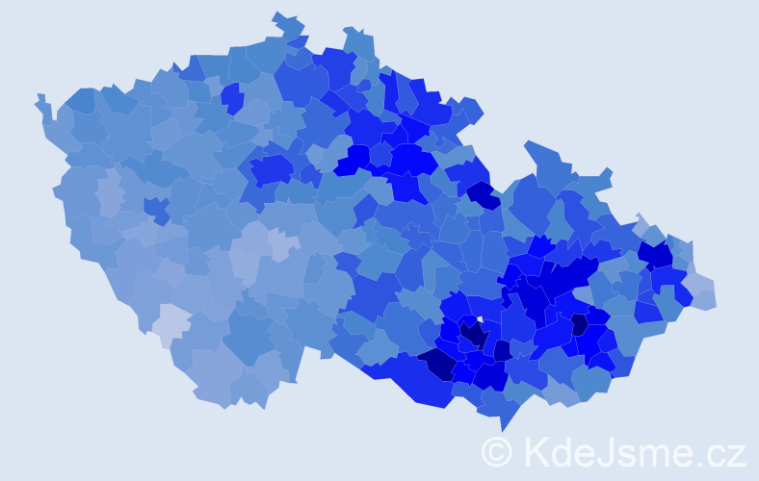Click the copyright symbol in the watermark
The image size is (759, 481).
point(497,451)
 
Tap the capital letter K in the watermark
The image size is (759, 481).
point(537,451)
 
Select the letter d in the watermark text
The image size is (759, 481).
point(562,451)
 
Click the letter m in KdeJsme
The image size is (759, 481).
point(656,453)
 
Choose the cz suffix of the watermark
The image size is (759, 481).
point(726,453)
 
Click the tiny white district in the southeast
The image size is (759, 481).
point(479,319)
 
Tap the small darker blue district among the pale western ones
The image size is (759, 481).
point(155,207)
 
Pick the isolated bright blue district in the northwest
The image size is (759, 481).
point(231,97)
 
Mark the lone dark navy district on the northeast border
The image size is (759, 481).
point(484,195)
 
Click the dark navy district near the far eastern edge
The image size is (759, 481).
point(656,254)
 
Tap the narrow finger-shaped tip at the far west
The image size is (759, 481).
point(41,101)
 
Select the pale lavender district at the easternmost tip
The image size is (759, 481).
point(700,292)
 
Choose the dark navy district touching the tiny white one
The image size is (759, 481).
point(473,334)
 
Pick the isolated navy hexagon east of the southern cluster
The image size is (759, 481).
point(579,324)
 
